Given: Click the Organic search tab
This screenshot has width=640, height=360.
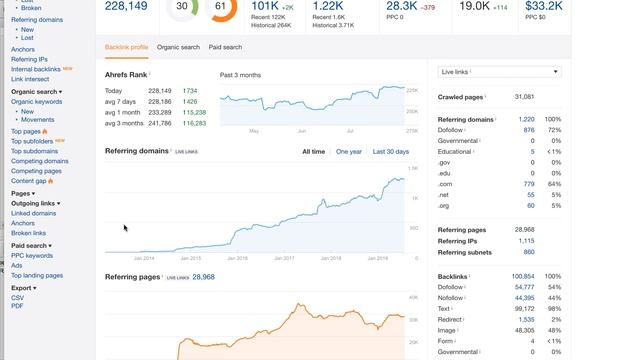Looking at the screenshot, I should (178, 47).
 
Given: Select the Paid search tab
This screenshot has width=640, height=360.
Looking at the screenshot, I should (225, 47).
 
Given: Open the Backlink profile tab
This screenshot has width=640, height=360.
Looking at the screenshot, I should (127, 47).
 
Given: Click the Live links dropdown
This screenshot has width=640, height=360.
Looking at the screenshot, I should (500, 72).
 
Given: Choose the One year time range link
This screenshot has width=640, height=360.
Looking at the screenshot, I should (349, 151).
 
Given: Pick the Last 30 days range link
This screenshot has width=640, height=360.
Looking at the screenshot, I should (391, 151).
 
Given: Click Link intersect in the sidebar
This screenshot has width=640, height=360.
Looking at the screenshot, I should (30, 79).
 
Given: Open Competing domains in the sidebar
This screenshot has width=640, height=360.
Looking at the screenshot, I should (40, 161).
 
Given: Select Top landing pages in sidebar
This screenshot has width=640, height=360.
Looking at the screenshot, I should (37, 275).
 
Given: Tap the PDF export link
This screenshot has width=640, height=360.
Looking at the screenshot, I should (17, 306).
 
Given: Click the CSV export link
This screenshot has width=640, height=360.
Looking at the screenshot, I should (17, 298).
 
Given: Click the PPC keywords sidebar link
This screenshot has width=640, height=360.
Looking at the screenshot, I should (32, 255).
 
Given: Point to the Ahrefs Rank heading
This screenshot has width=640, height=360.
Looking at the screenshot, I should (127, 75).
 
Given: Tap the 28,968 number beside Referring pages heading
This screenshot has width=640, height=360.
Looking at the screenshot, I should (203, 276).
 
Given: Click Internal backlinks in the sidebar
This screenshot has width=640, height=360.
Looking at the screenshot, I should (36, 69).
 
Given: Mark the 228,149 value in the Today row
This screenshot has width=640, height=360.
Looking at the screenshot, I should (160, 91).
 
